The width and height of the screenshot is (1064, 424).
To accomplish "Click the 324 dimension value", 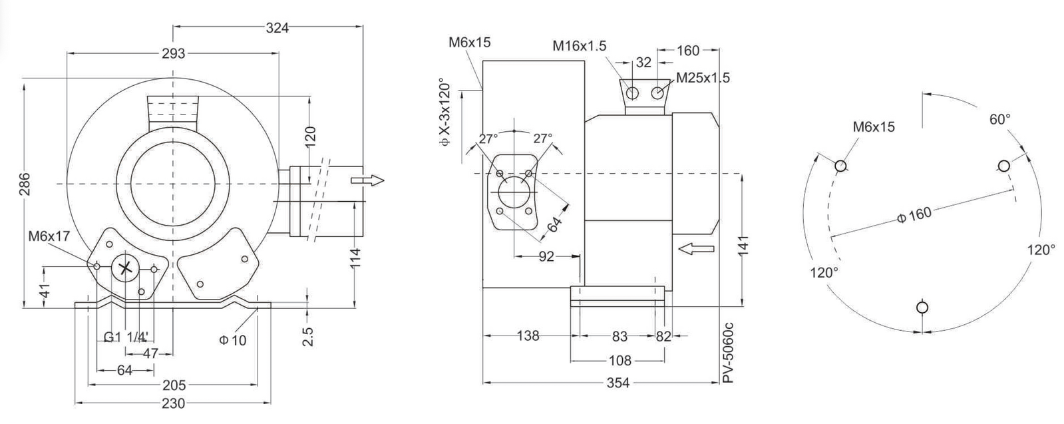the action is point(277,28).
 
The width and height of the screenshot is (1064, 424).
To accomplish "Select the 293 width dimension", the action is point(174,54).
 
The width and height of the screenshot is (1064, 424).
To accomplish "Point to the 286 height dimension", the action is point(24,184).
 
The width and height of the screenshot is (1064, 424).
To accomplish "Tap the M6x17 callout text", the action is point(49,236).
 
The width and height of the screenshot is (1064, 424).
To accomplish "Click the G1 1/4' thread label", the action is point(126,337).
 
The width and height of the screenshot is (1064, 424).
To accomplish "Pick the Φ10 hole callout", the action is point(233,340).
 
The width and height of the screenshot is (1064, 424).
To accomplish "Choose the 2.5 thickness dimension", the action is point(308,337).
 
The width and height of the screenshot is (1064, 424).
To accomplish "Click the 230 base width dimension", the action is point(174,403).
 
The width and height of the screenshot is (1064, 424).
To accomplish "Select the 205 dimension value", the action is point(174,385).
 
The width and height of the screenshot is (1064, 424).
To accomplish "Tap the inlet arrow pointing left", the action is point(696,248).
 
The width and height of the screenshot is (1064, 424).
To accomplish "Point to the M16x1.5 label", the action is point(580,46).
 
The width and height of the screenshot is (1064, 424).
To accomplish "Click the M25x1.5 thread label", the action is point(703,77).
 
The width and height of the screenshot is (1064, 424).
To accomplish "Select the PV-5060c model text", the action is point(728,352).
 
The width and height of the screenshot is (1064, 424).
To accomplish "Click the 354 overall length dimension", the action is point(618,383).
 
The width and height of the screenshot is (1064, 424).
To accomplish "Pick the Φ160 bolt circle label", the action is point(914,215).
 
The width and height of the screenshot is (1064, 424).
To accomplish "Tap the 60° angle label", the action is point(1000,119).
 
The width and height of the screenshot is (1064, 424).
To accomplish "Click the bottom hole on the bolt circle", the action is point(922,307).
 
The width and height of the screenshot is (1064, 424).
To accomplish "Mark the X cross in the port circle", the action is point(125,268).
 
